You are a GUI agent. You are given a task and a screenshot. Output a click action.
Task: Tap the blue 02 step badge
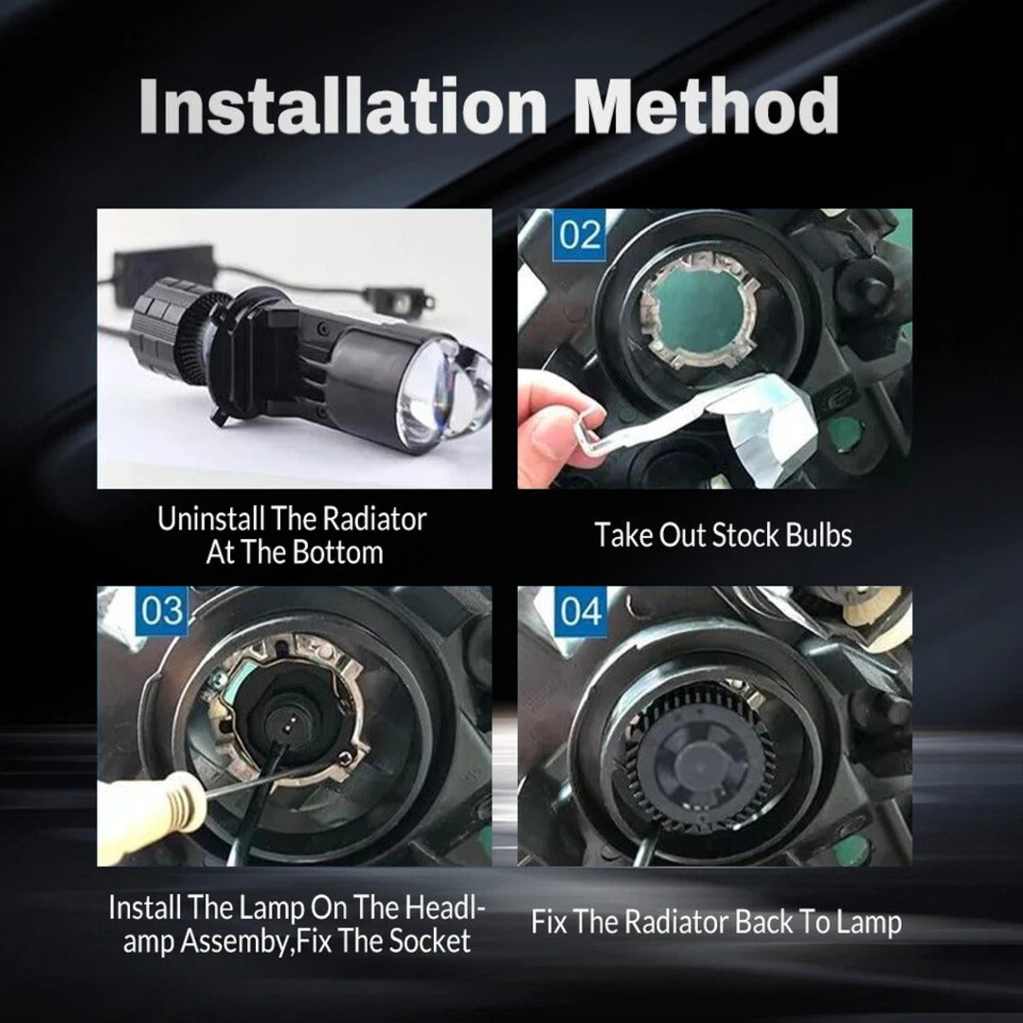(x=579, y=234)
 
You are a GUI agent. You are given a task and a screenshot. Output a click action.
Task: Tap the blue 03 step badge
(x=161, y=611)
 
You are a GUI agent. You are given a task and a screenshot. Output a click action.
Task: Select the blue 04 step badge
(x=580, y=611)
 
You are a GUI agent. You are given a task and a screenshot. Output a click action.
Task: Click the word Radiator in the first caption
(x=376, y=519)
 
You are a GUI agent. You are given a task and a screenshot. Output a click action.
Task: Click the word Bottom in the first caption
(x=336, y=553)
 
